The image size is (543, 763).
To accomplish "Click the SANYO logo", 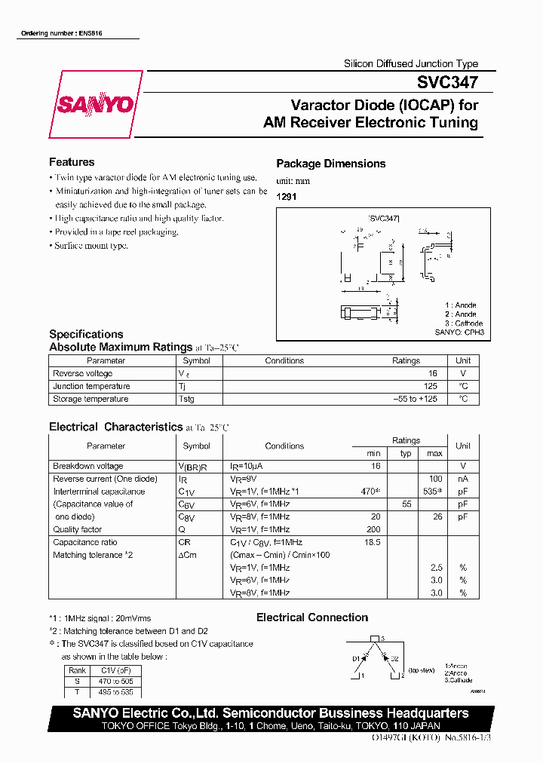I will click(95, 105).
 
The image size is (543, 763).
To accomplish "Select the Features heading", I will click(72, 162).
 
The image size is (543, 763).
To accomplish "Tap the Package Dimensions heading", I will click(330, 164).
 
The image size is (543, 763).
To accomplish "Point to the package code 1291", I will click(286, 195).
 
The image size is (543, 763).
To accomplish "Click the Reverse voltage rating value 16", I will click(432, 373).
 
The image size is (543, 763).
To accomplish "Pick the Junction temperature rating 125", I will click(430, 386).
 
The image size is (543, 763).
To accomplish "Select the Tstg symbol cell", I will click(186, 399).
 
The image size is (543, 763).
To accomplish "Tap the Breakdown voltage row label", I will click(88, 466).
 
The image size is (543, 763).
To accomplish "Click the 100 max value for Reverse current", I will click(435, 479).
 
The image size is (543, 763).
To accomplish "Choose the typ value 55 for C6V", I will click(406, 504).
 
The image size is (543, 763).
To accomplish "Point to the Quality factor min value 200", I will click(373, 529).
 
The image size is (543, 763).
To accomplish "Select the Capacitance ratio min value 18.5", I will click(372, 542).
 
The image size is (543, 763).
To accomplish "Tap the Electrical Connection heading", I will click(312, 617).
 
